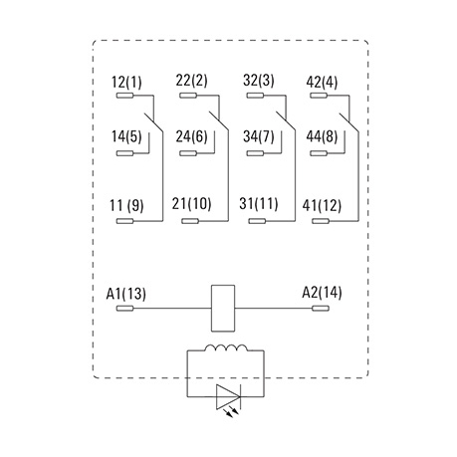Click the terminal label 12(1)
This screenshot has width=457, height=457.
(x=126, y=83)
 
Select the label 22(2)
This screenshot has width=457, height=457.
(x=191, y=81)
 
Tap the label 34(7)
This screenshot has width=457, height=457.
(x=259, y=136)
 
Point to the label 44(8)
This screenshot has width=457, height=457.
(x=322, y=136)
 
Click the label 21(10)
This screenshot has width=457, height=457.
(x=191, y=204)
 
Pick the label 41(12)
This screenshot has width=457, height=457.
(x=322, y=205)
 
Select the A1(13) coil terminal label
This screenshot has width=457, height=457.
(x=125, y=294)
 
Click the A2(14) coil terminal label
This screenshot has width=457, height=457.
(x=322, y=293)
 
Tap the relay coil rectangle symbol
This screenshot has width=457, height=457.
(x=223, y=308)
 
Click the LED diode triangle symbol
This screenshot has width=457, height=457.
(x=228, y=396)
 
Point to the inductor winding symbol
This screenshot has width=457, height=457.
(x=226, y=347)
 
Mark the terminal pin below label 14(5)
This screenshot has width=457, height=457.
(x=124, y=153)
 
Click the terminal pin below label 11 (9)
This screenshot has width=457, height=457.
(x=124, y=221)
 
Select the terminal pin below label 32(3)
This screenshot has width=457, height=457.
(x=255, y=96)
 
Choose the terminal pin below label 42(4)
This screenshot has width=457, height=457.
(x=319, y=96)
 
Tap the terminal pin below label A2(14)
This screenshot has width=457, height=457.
(x=321, y=309)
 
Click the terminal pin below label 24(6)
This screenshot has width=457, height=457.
(x=188, y=153)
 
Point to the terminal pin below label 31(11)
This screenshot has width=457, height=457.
(x=257, y=221)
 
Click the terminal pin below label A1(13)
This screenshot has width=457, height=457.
(x=124, y=309)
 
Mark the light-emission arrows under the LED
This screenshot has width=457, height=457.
(x=231, y=412)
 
